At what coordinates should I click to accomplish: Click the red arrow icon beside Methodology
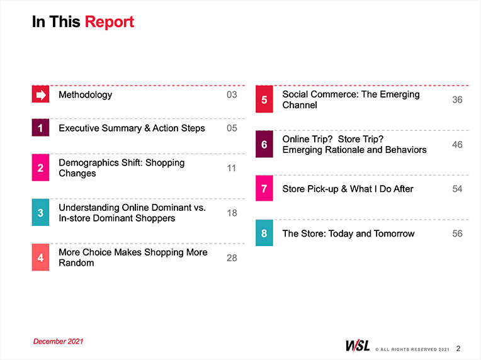(x=40, y=94)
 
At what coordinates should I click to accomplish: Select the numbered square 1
(x=40, y=128)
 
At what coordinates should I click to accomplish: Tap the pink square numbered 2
(x=40, y=167)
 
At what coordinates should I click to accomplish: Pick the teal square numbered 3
(x=40, y=212)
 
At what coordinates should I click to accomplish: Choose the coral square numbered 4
(x=40, y=257)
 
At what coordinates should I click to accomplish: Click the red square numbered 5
(x=264, y=99)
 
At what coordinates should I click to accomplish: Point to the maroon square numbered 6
(x=264, y=144)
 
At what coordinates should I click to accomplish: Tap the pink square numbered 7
(x=264, y=188)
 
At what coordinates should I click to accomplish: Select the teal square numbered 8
(x=264, y=233)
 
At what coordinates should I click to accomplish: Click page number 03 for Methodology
(x=232, y=94)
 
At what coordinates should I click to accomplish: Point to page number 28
(x=232, y=258)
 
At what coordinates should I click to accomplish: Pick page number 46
(x=457, y=144)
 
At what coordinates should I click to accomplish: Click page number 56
(x=457, y=233)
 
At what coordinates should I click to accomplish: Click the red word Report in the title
(x=110, y=23)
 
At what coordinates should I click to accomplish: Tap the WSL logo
(x=358, y=346)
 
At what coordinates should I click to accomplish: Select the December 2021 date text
(x=58, y=341)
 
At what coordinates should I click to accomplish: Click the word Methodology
(x=85, y=95)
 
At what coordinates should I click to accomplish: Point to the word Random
(x=76, y=263)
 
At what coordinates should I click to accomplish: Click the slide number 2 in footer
(x=458, y=348)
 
